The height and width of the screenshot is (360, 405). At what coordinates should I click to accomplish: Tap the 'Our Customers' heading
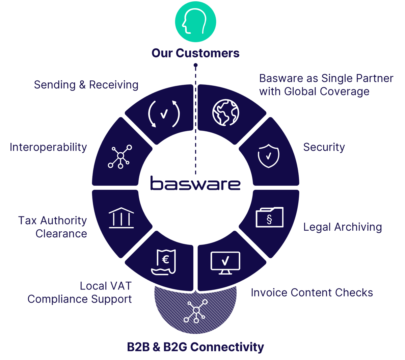click(x=195, y=53)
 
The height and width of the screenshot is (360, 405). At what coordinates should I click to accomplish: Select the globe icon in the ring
click(x=226, y=112)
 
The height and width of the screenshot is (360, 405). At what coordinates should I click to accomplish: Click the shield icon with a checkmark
click(x=268, y=155)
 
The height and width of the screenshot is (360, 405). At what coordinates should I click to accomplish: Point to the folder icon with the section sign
click(x=269, y=217)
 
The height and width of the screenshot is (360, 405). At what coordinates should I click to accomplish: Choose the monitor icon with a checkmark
click(x=225, y=262)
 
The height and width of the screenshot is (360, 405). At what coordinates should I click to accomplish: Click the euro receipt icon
click(x=164, y=262)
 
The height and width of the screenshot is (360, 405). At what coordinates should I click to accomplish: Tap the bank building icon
click(x=121, y=218)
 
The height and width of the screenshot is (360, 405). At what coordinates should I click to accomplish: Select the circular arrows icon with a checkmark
click(x=164, y=114)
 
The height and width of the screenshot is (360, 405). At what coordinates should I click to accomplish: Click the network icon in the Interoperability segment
click(x=120, y=156)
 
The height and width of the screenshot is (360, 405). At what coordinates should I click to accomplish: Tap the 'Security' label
click(x=324, y=147)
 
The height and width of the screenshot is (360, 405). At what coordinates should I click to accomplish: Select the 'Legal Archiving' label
click(x=343, y=227)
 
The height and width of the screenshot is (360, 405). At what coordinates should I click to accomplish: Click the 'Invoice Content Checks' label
click(x=312, y=292)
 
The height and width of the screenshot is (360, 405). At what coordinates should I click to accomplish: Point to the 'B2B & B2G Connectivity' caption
click(x=195, y=347)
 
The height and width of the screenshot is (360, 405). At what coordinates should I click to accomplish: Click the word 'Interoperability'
click(x=48, y=147)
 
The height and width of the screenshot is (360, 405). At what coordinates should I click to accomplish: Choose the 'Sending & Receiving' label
click(x=86, y=85)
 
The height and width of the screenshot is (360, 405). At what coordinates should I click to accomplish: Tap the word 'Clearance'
click(x=61, y=233)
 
